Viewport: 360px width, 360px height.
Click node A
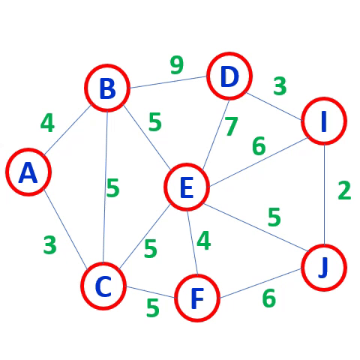pos(28,172)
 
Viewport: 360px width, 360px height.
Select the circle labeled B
pos(107,88)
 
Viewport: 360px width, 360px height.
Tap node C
pos(103,286)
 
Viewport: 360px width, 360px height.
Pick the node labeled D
pos(229,76)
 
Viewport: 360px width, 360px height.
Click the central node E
pos(187,187)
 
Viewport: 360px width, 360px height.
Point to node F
pos(197,298)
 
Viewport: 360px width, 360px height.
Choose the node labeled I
pos(324,121)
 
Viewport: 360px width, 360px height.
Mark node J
pos(324,268)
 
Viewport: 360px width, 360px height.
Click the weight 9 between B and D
pos(177,65)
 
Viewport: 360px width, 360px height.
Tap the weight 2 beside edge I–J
pos(344,190)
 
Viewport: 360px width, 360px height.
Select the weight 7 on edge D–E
pos(232,127)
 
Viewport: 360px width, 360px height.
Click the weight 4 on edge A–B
pos(47,123)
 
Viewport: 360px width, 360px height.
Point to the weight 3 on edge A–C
pos(50,245)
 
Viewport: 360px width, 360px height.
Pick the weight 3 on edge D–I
pos(280,86)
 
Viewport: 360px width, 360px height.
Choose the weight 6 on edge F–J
pos(269,298)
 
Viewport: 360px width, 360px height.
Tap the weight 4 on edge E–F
pos(204,240)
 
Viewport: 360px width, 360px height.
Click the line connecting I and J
pos(324,194)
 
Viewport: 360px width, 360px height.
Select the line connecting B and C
pos(105,187)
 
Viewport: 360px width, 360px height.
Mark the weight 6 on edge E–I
pos(259,145)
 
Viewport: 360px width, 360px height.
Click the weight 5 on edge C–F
pos(153,307)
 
